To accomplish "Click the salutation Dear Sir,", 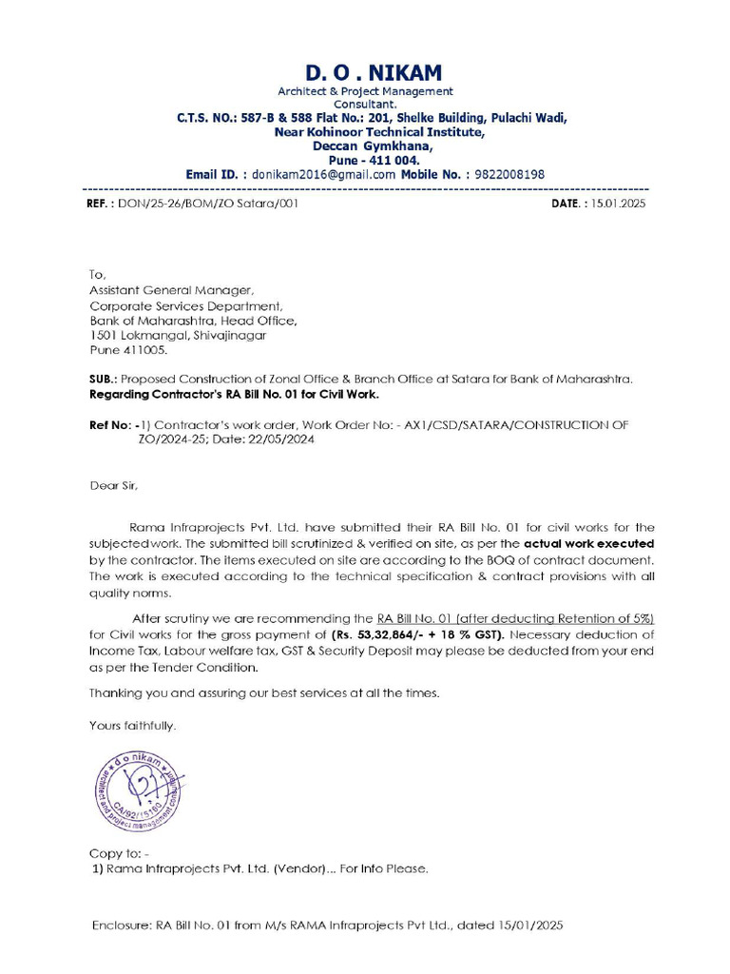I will [113, 485].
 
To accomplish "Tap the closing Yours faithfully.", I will [132, 725].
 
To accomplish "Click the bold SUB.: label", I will [103, 379].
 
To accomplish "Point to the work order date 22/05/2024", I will [282, 439].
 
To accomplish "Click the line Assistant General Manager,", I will [172, 290].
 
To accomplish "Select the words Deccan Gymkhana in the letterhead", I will [373, 146].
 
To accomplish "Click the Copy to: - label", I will [119, 852].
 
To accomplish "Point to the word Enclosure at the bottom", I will [120, 925].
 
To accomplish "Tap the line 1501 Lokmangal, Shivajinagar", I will [178, 335].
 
